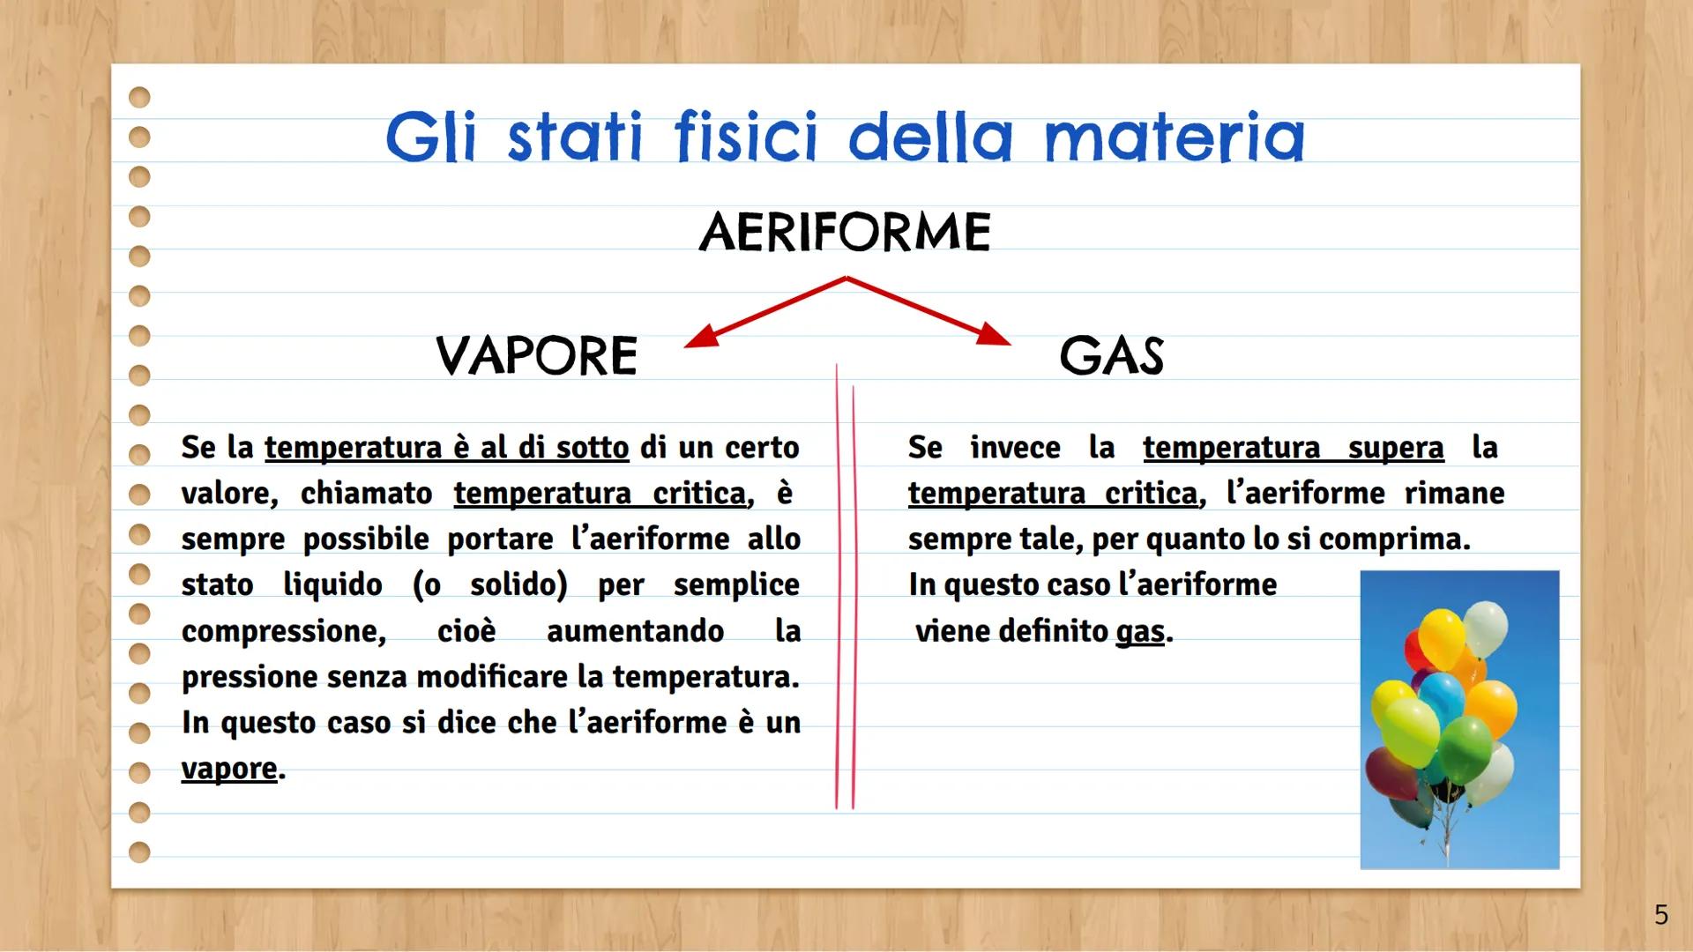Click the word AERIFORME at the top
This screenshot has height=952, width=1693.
click(x=845, y=232)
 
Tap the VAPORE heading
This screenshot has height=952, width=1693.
click(x=536, y=355)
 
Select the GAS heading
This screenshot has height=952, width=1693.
click(x=1111, y=355)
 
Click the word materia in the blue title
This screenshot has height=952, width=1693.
click(x=1174, y=138)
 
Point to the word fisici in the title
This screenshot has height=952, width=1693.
click(x=746, y=138)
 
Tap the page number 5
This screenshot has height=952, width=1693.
click(x=1661, y=915)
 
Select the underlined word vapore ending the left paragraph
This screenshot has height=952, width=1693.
click(x=229, y=769)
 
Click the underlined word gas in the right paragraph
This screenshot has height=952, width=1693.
click(x=1140, y=631)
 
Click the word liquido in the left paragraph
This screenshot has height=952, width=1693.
click(x=332, y=585)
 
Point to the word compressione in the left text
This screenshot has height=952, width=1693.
click(x=283, y=631)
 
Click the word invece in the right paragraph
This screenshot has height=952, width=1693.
click(x=1015, y=448)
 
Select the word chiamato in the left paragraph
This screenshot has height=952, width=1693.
click(x=366, y=494)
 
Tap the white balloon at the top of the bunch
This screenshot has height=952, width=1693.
click(x=1486, y=628)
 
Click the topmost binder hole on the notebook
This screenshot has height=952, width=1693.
click(x=139, y=97)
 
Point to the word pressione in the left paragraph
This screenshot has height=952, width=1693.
click(x=249, y=677)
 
